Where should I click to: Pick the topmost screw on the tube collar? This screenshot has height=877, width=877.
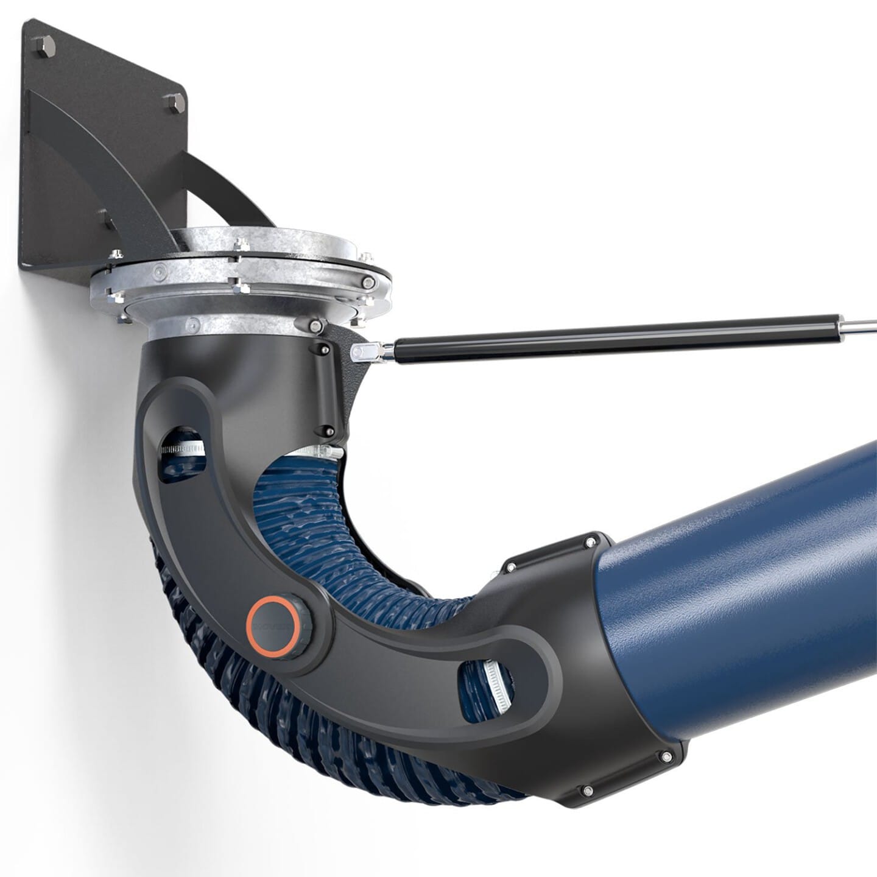point(590,541)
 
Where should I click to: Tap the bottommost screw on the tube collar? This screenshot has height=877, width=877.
point(587,791)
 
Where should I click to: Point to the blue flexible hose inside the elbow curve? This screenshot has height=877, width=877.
point(341,536)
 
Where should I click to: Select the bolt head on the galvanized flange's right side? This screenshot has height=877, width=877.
point(368,283)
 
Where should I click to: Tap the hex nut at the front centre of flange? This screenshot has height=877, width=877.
point(242,285)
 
